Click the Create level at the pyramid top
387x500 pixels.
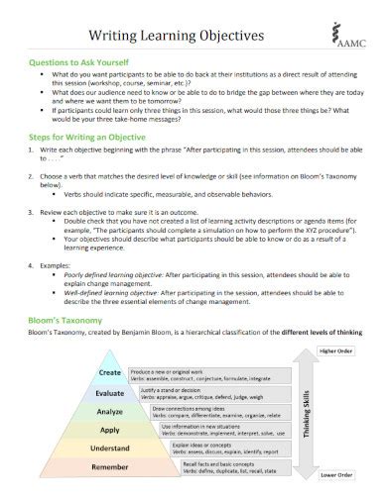coord(109,373)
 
